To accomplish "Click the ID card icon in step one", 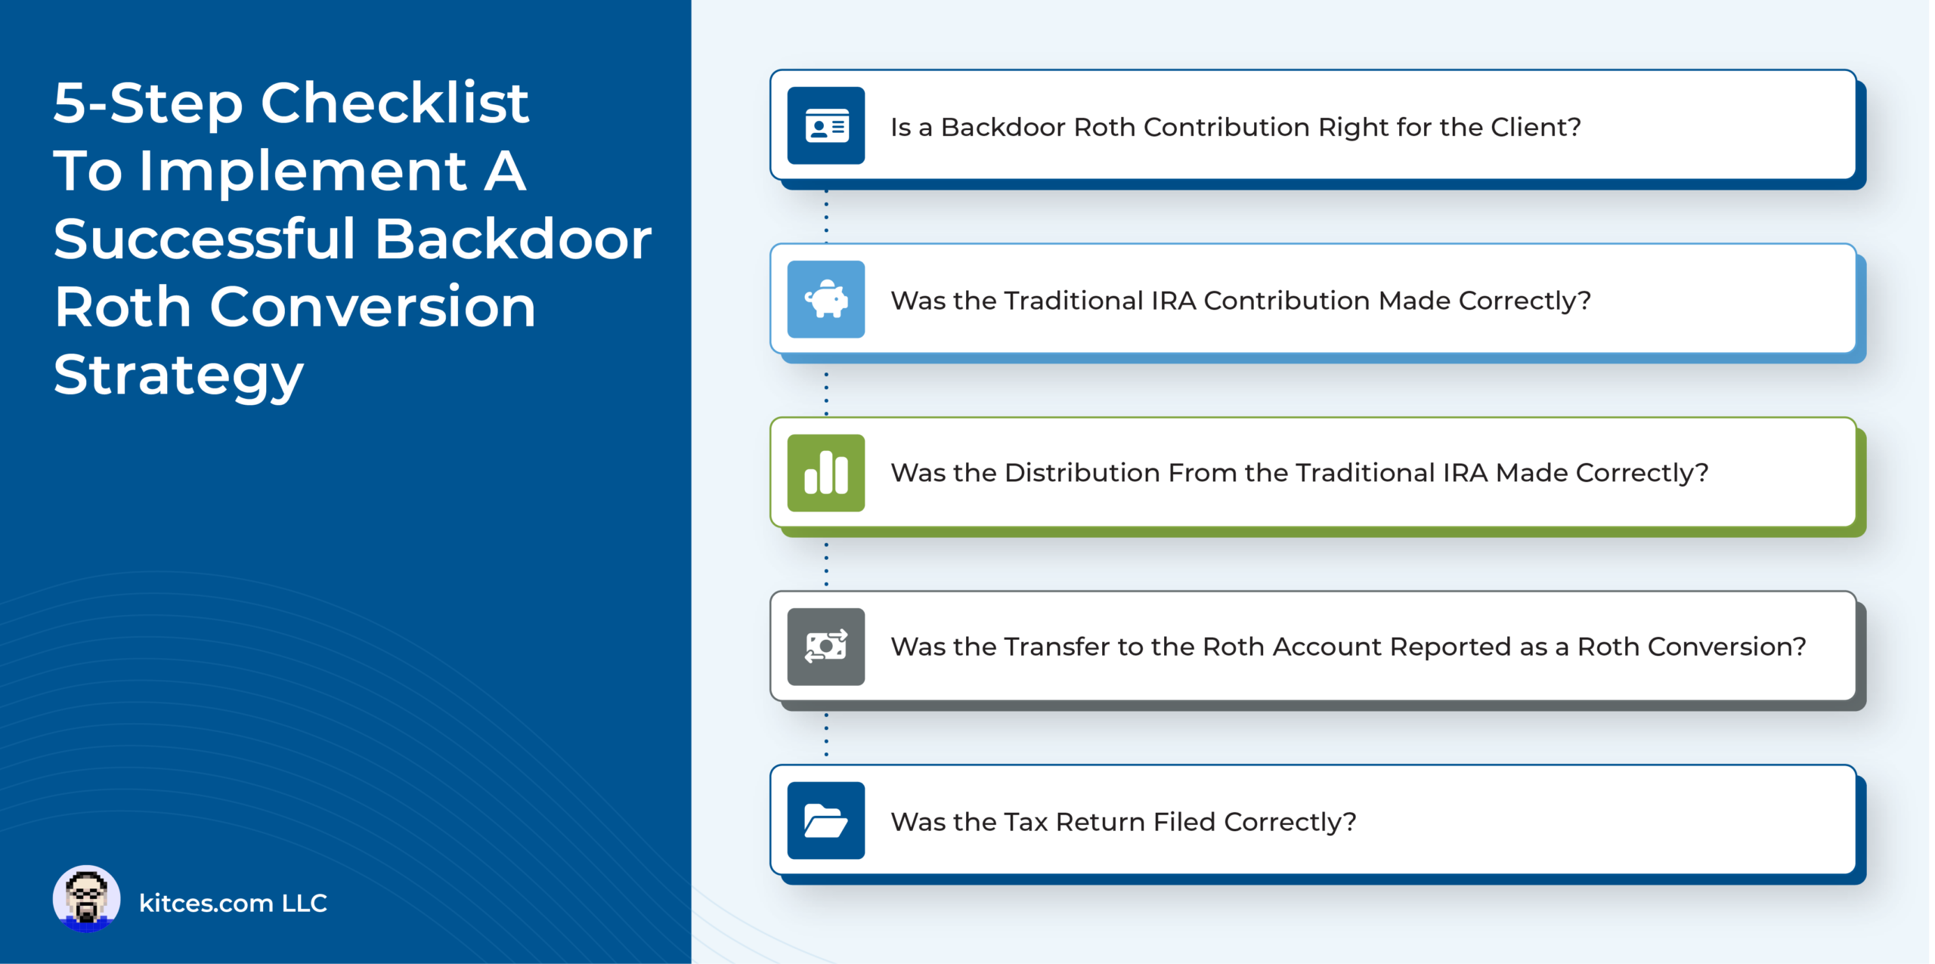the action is point(826,125).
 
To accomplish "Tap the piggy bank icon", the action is point(826,299).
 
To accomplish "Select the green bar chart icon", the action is point(826,473).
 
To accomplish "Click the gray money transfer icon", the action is point(826,647).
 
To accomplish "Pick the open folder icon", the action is point(826,820).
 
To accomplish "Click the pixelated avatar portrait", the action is point(86,899).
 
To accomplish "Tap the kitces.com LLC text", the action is point(233,903).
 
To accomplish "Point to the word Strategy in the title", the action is point(178,377).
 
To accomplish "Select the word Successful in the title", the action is point(205,239).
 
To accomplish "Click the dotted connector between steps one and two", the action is point(826,216).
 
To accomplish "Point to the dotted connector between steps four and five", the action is point(826,734).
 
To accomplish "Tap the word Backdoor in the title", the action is point(513,239).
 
